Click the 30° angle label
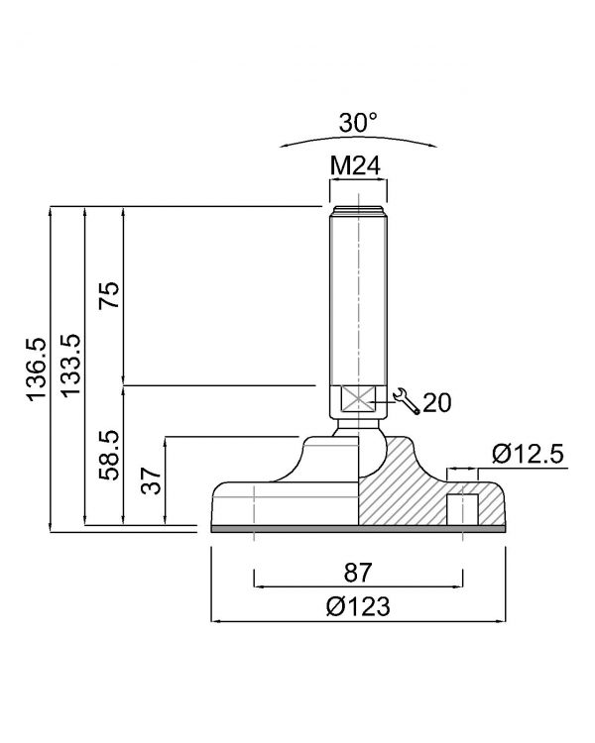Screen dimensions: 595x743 tap(358, 123)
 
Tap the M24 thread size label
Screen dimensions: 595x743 tap(355, 165)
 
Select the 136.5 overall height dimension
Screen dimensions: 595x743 tap(37, 370)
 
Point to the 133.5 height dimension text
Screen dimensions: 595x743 tap(70, 366)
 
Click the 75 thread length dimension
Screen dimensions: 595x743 tap(109, 295)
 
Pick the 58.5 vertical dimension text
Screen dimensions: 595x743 tap(109, 456)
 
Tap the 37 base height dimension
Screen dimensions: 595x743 tap(151, 480)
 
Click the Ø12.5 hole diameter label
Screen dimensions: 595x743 tap(528, 454)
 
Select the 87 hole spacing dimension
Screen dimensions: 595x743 tap(358, 573)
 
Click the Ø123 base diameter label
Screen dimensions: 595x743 tap(358, 606)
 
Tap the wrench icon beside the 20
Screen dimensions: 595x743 tap(407, 401)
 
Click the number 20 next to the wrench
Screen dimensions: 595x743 tap(437, 403)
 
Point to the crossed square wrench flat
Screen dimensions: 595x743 tap(358, 400)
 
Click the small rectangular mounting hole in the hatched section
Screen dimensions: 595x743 tap(463, 509)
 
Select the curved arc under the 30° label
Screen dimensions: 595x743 tap(358, 138)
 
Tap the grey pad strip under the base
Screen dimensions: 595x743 tap(358, 529)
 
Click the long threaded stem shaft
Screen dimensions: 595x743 tap(358, 298)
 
